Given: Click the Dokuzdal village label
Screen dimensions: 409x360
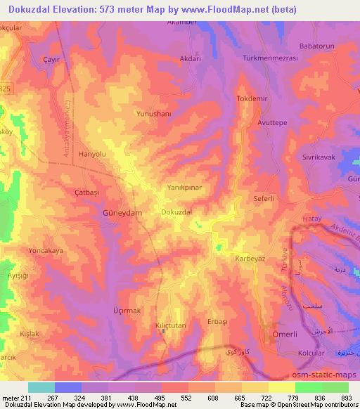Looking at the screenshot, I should [176, 211].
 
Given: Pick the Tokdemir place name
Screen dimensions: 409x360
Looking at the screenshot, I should [252, 98].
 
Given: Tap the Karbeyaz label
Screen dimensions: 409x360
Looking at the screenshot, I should [250, 258].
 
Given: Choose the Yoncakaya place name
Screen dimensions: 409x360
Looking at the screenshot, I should [46, 249].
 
